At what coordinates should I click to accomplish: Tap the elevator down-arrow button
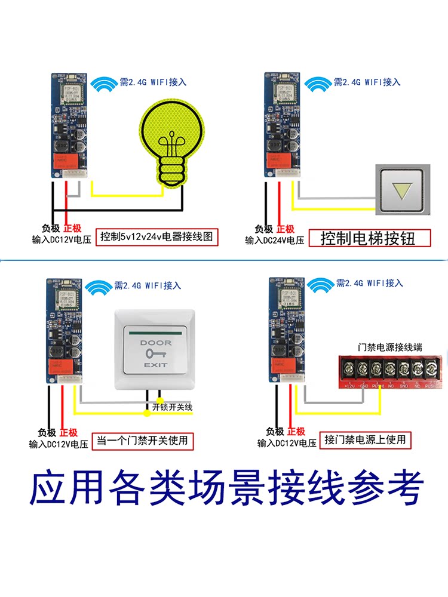coord(400,190)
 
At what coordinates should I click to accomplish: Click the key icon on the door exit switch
coord(155,354)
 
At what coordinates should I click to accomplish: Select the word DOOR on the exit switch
coord(155,343)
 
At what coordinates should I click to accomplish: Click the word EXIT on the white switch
coord(155,364)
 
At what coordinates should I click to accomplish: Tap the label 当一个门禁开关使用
coord(142,441)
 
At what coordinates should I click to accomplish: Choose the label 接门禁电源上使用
coord(366,440)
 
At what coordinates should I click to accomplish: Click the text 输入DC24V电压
coord(274,241)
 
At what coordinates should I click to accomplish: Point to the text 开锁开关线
coord(173,408)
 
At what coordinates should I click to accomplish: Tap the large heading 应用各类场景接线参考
coord(227,489)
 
